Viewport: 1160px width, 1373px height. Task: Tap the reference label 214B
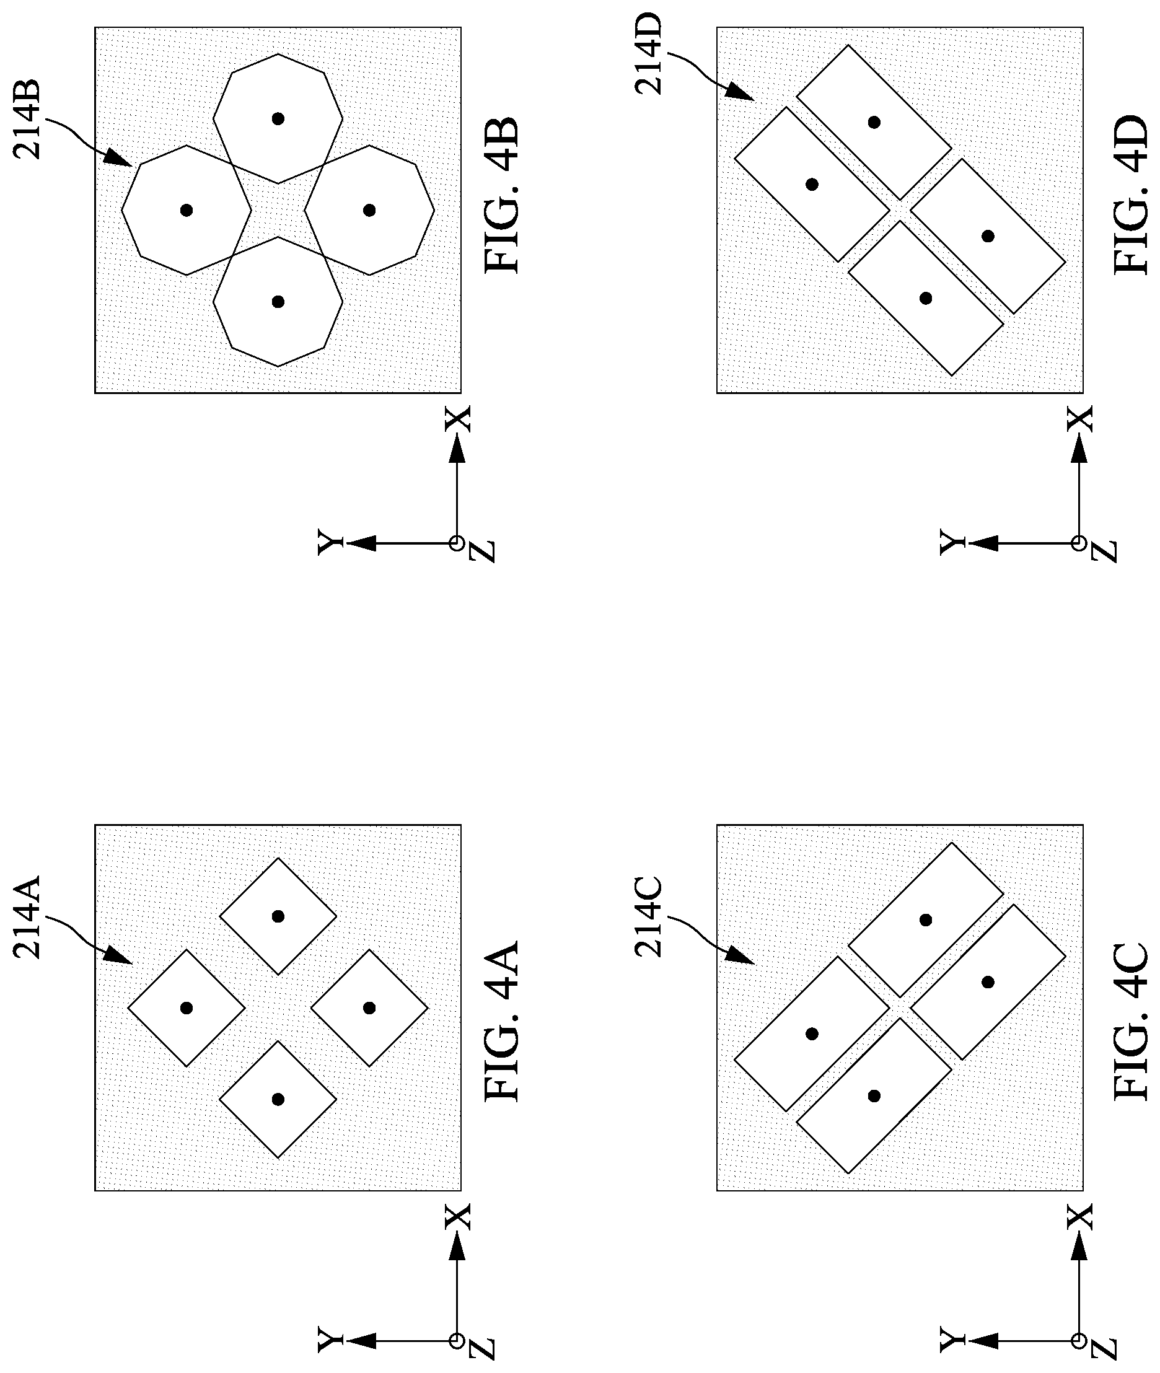click(29, 119)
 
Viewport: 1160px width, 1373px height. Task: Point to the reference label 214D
click(649, 54)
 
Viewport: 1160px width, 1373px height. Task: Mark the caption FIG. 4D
click(1130, 195)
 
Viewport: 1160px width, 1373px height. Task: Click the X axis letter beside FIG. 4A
click(459, 1216)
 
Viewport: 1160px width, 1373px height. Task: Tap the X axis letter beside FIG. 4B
click(459, 418)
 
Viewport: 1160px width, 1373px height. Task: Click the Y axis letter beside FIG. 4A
click(330, 1340)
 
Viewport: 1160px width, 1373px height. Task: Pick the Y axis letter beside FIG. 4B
click(330, 543)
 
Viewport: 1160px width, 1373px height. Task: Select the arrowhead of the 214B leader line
click(124, 160)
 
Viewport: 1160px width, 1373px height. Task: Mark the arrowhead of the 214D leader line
click(744, 95)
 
